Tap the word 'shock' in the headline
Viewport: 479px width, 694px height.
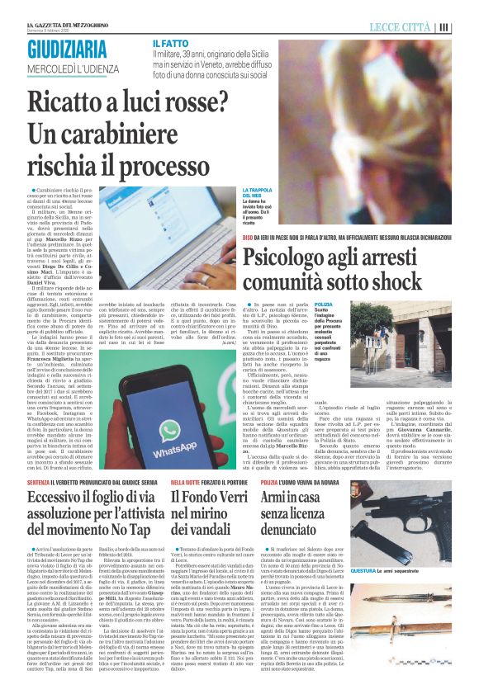(363, 282)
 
